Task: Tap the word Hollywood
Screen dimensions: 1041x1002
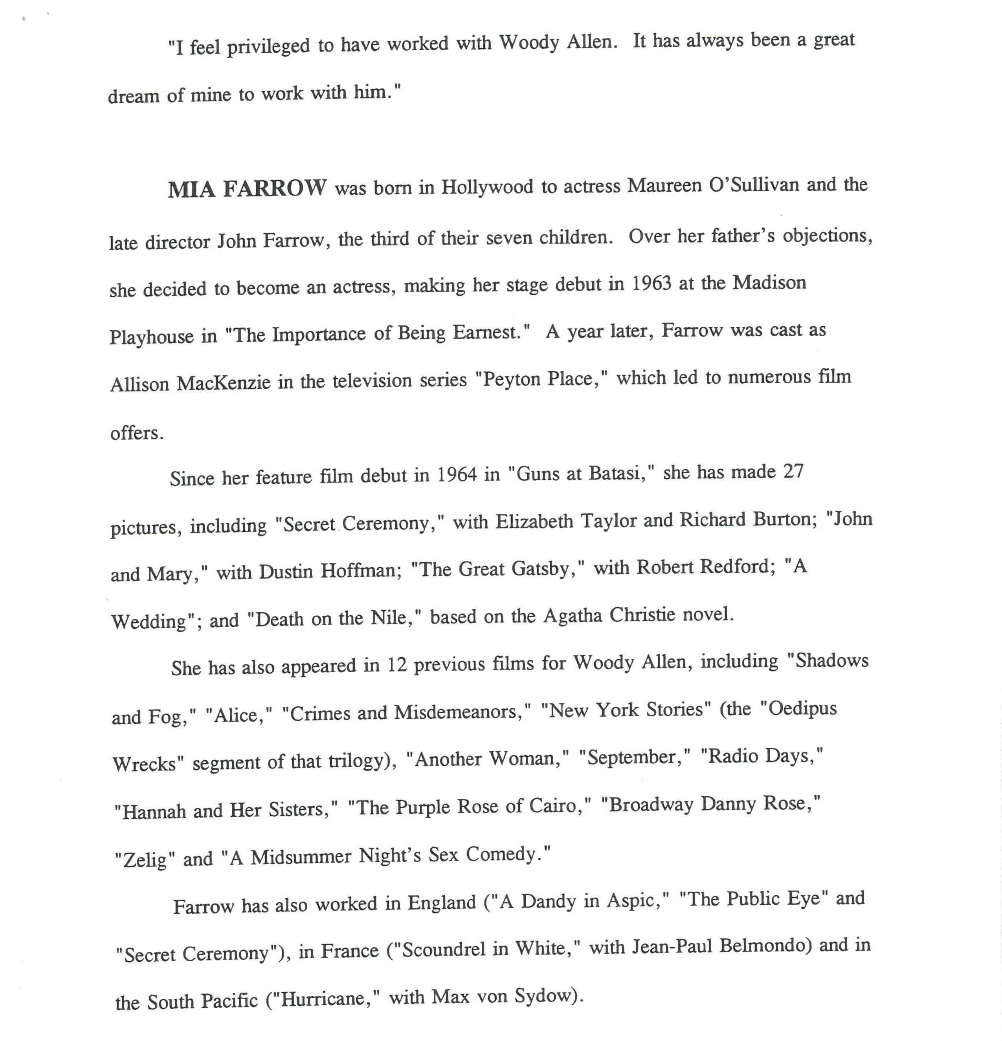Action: click(487, 187)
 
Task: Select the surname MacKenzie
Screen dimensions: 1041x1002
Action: click(223, 382)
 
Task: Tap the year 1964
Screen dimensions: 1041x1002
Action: click(457, 474)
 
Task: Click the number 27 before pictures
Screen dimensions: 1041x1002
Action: click(793, 471)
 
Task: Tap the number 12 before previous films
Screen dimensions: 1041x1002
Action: click(396, 665)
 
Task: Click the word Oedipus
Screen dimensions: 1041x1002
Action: click(803, 710)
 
